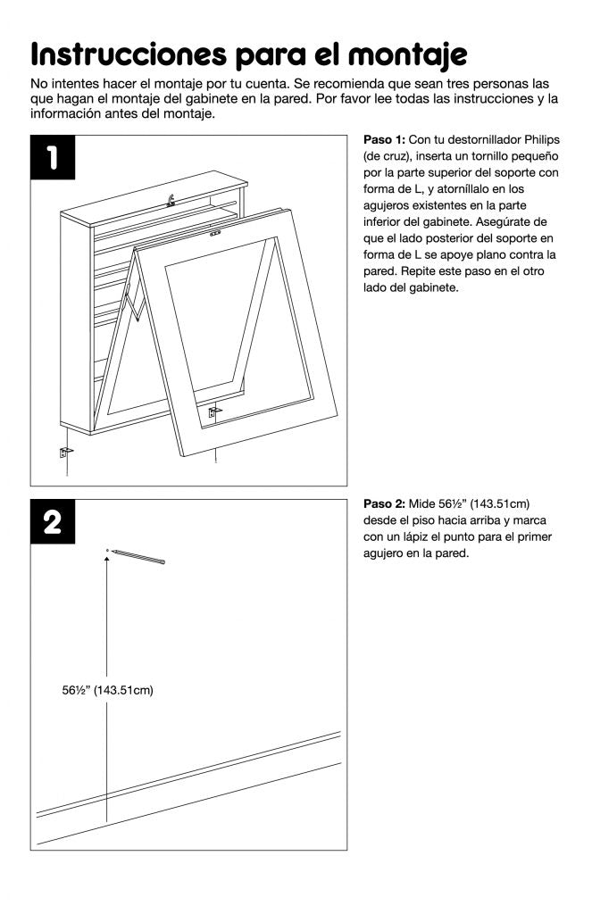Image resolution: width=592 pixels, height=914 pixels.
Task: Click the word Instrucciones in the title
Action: coord(127,55)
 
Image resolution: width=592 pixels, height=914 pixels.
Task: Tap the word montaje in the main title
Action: coord(410,55)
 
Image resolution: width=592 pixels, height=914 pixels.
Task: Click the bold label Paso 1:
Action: coord(385,140)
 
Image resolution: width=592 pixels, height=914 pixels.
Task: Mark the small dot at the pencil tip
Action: coord(107,550)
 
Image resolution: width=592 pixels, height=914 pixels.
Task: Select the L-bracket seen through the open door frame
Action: coord(214,411)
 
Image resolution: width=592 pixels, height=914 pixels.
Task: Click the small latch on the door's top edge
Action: coord(214,236)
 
